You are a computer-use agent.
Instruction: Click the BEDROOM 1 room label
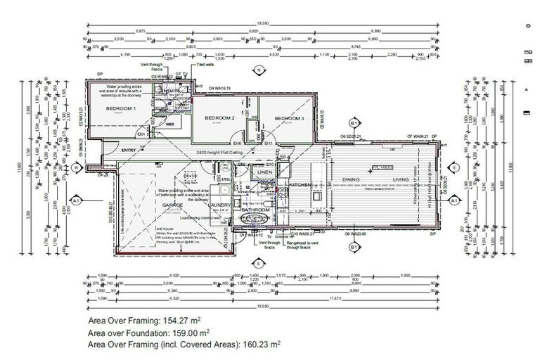[x=121, y=109]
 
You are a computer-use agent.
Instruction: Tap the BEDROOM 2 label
[x=219, y=118]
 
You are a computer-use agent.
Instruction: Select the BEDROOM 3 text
[x=289, y=118]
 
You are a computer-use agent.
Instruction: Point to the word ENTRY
[x=129, y=150]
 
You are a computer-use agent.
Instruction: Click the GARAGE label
[x=173, y=205]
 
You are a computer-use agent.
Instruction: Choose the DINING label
[x=352, y=180]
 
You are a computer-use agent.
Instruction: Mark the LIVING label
[x=401, y=180]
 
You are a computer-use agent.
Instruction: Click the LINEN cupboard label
[x=264, y=172]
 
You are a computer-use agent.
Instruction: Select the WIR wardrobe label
[x=169, y=124]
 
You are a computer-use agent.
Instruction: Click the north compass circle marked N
[x=259, y=70]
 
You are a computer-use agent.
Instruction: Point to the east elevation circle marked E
[x=455, y=167]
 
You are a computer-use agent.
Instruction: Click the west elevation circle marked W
[x=75, y=167]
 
